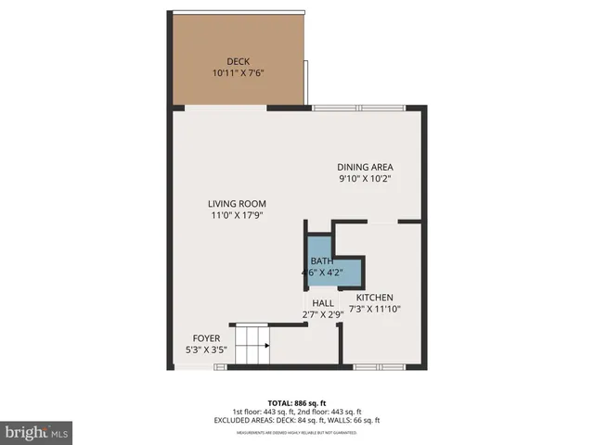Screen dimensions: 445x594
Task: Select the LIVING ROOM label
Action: point(237,204)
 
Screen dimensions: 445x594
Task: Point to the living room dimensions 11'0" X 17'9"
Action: point(237,215)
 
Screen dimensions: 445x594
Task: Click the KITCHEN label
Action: point(374,298)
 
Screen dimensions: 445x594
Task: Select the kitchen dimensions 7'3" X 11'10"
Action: point(374,310)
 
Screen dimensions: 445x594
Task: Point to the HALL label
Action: point(323,303)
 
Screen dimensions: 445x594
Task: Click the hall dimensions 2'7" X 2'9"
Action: point(323,315)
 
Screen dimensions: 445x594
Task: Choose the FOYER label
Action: point(206,337)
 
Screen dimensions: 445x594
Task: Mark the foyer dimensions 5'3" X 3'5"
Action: point(206,350)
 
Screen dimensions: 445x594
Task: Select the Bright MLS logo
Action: point(37,432)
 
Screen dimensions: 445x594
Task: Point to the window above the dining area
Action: point(357,108)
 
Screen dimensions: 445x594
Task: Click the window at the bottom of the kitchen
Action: point(379,367)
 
